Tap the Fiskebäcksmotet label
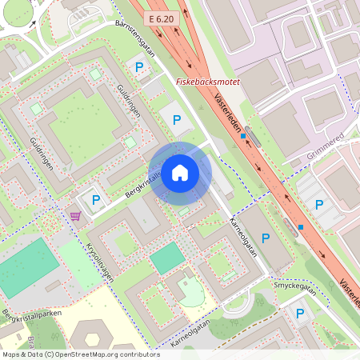(x=208, y=82)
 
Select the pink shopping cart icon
(x=74, y=215)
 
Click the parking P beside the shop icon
(x=96, y=200)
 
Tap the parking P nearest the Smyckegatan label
(x=300, y=314)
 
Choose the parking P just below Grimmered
(x=319, y=204)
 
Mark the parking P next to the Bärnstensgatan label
(x=139, y=69)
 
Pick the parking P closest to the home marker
(x=177, y=120)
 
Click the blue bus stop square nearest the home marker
(x=243, y=137)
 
